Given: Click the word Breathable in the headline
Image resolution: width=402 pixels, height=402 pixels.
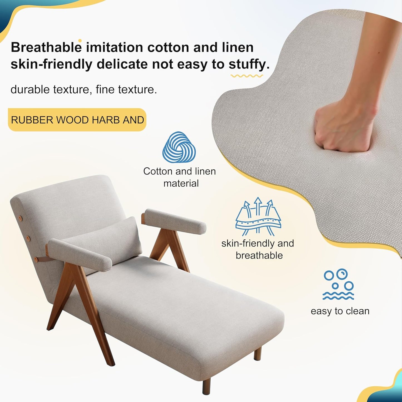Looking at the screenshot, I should coord(46,47).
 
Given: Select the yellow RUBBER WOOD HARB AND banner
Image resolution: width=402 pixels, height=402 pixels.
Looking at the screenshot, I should coord(77,120).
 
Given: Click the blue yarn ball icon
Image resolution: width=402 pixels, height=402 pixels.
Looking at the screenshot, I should coord(179,147).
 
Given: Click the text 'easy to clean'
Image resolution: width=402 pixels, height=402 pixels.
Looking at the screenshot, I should coord(340,311).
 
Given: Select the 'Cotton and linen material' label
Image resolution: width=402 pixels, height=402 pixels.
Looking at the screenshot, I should coord(180,177).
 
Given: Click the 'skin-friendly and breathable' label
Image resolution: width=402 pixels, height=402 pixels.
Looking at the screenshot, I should coord(258,249).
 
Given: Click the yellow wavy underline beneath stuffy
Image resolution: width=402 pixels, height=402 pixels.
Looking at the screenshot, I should coord(246,76).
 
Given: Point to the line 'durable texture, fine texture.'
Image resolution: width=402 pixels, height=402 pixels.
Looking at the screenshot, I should coord(84,90).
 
